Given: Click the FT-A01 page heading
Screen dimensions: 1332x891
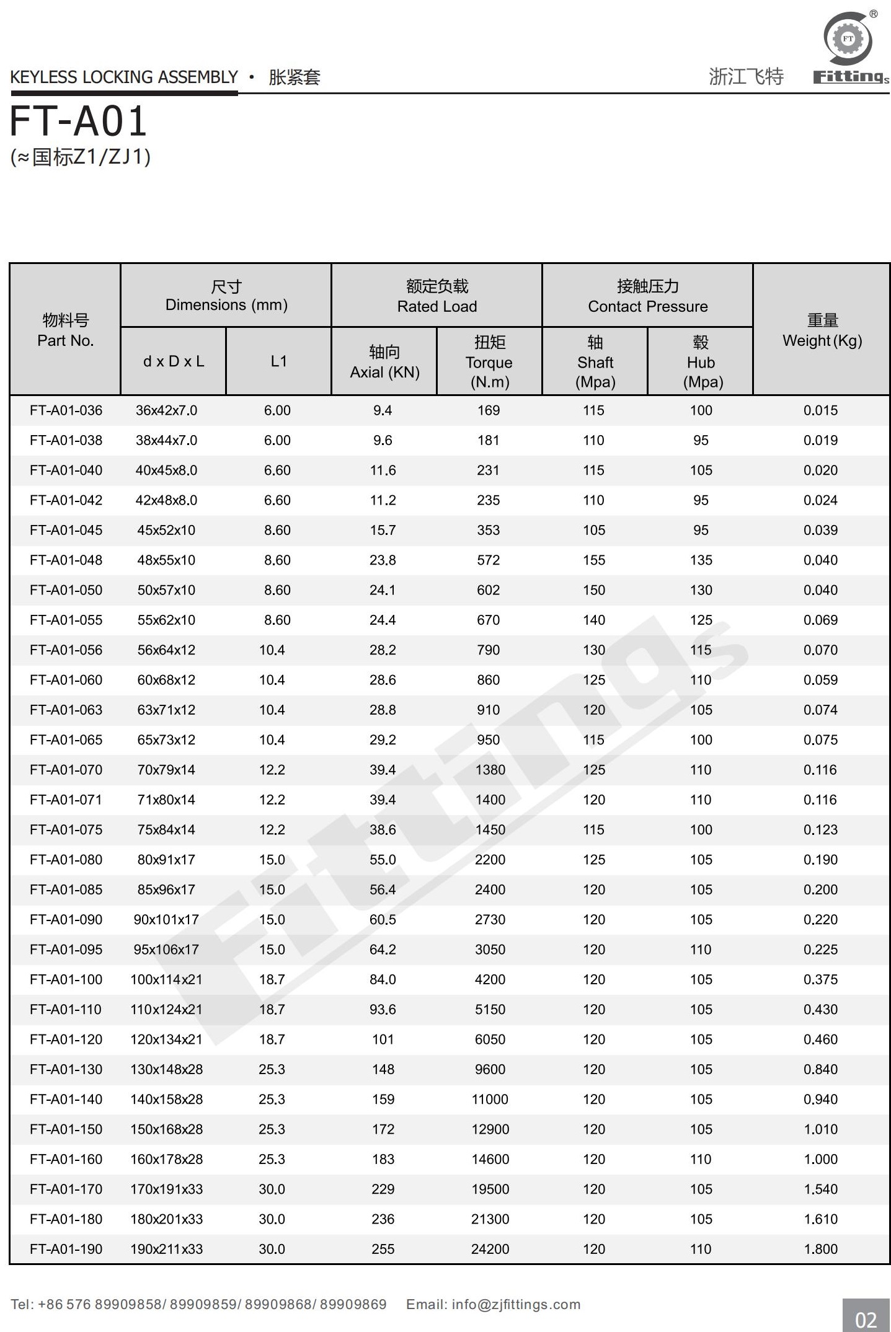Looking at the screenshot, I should [x=78, y=121].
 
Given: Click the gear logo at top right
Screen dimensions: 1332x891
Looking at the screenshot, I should [x=848, y=38].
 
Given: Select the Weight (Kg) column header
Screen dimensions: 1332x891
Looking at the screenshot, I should [x=822, y=330].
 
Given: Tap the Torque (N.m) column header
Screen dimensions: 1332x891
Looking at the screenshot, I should [x=489, y=362].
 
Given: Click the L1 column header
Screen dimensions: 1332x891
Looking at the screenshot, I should [x=278, y=361].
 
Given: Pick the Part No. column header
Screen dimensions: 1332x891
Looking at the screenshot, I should [x=65, y=330].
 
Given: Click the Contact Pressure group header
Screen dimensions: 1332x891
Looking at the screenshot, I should [x=647, y=296].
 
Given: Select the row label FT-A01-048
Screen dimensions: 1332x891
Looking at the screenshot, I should [x=66, y=560].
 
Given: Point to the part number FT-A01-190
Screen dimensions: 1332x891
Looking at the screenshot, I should [x=66, y=1249].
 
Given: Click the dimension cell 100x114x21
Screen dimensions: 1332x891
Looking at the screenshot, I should [x=166, y=979].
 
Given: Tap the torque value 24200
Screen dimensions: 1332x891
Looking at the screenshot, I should [x=490, y=1249].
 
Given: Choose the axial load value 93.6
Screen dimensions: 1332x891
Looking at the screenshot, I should [x=383, y=1009].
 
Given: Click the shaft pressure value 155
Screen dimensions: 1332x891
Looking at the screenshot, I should [x=593, y=560].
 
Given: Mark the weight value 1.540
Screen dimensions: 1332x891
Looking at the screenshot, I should [x=820, y=1189].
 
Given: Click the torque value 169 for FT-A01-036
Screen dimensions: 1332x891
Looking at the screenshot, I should [x=489, y=410].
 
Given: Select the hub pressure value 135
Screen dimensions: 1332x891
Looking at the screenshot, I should [x=701, y=560].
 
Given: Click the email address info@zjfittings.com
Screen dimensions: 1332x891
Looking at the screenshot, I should [x=516, y=1304].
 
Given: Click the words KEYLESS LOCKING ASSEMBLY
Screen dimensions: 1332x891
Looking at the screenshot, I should [x=124, y=77].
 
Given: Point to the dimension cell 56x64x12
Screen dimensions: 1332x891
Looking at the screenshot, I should [x=166, y=650].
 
